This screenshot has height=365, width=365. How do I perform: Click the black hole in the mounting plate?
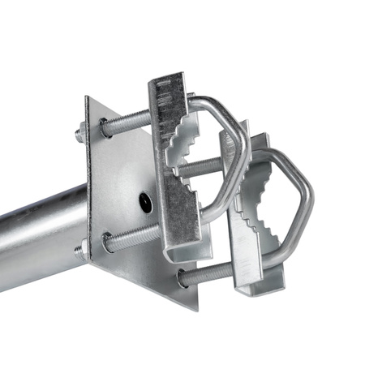tap(145, 202)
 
